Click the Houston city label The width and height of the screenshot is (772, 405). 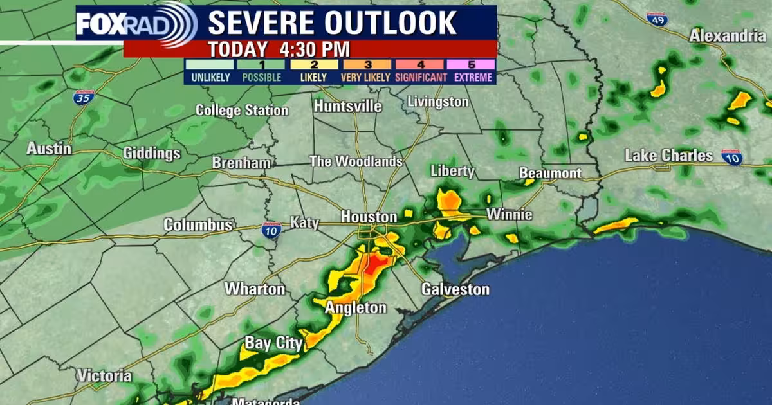tap(369, 217)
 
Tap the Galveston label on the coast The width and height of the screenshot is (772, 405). tap(455, 289)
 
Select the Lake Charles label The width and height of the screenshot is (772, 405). tap(668, 156)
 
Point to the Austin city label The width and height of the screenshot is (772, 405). tap(49, 148)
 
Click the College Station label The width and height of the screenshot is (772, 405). tap(242, 111)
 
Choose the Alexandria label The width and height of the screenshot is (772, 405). tap(728, 36)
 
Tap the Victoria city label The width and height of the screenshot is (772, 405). tap(104, 375)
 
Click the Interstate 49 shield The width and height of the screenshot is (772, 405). tap(657, 19)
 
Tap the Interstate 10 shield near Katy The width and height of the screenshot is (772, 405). tap(271, 230)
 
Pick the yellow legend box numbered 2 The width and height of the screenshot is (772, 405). tap(314, 64)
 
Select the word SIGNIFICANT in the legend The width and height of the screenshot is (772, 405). tap(421, 77)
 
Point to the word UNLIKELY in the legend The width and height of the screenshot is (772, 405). tap(209, 77)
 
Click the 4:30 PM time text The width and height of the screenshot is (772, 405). tap(315, 49)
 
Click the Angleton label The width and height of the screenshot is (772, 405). tap(355, 308)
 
